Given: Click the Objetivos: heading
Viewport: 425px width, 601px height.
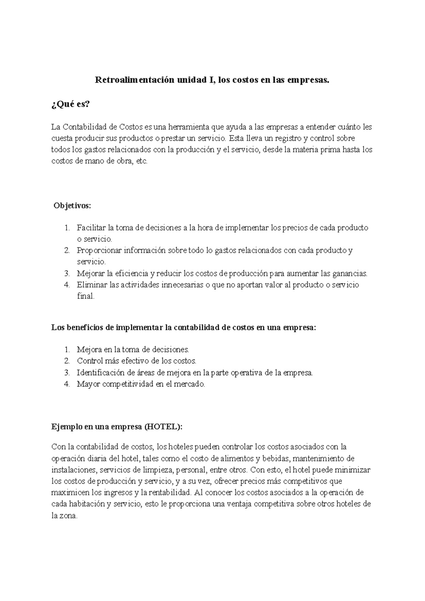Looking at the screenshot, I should [72, 206].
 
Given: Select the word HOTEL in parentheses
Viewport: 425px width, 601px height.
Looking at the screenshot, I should [161, 427].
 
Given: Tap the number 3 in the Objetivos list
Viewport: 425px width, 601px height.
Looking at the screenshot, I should [67, 274].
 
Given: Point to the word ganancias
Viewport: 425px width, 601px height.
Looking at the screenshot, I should [351, 274].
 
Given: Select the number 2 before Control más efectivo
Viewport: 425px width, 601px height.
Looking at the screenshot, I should [67, 361].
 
